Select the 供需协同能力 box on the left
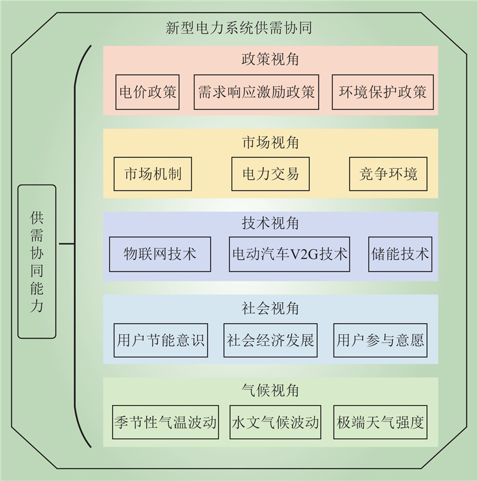[37, 261]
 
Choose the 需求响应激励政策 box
[256, 92]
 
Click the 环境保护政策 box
[382, 92]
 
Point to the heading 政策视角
[270, 60]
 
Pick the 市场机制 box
[153, 174]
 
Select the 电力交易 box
[270, 174]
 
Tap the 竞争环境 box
[388, 174]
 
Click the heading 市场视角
[270, 143]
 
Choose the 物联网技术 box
[160, 254]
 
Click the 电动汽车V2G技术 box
[289, 254]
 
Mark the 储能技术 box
[399, 254]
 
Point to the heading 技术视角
[270, 224]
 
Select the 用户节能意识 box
[161, 340]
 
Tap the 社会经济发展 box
[270, 340]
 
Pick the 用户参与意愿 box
[381, 340]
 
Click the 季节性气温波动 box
[165, 423]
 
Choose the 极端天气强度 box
[381, 423]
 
